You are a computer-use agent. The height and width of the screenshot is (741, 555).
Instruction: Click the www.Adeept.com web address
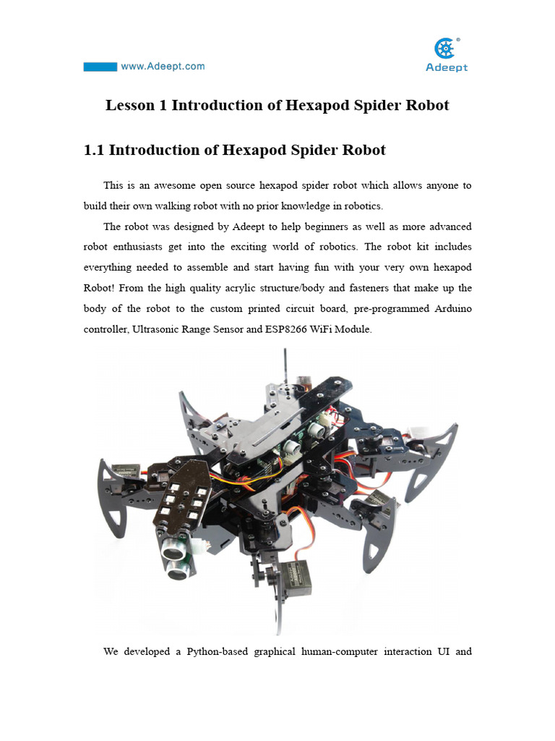point(163,67)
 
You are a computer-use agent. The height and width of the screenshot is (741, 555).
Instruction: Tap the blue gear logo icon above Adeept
point(445,49)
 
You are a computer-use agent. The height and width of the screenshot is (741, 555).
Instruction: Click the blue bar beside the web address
point(100,67)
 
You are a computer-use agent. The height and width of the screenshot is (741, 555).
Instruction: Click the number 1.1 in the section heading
point(96,151)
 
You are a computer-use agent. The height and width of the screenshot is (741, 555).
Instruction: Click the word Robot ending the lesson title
point(427,106)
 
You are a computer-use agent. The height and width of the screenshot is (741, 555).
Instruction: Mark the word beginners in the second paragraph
point(324,227)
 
